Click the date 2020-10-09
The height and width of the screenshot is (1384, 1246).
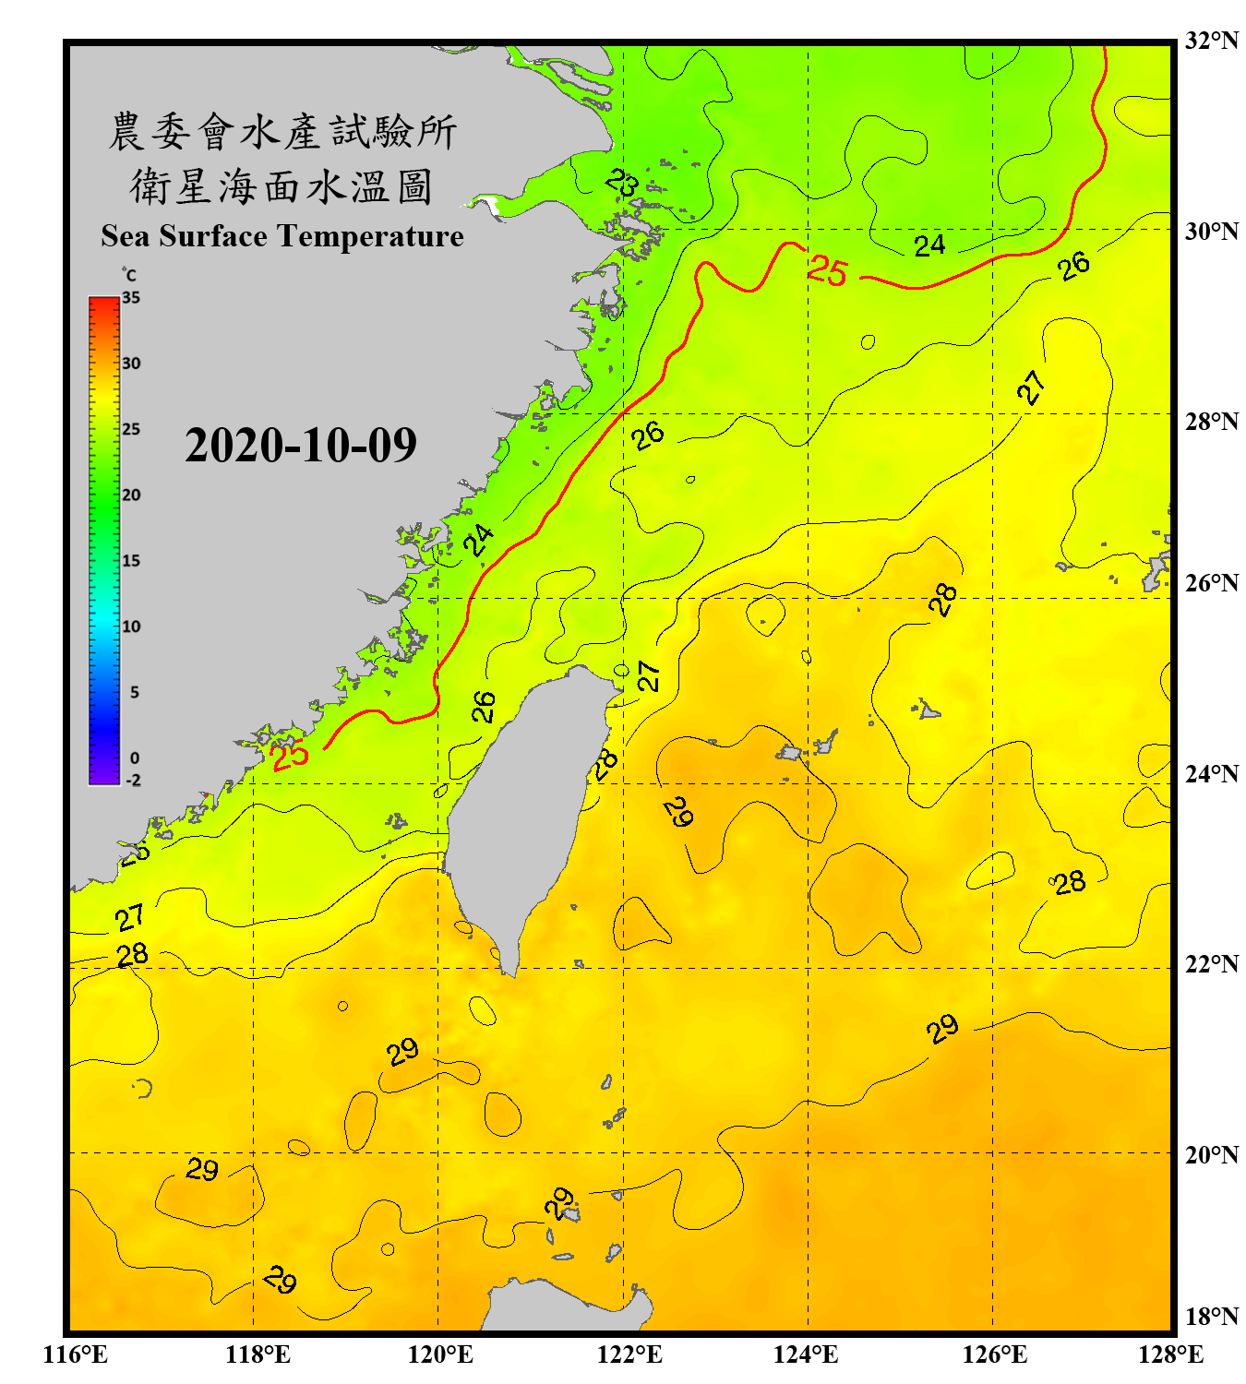point(301,445)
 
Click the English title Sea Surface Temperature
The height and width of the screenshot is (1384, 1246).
point(282,236)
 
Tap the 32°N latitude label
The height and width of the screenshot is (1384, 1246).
point(1211,41)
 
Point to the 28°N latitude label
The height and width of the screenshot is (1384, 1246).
point(1211,421)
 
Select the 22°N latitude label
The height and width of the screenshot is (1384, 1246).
point(1211,964)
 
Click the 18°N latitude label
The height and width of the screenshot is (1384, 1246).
point(1211,1317)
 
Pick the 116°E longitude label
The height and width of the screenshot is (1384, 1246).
point(76,1354)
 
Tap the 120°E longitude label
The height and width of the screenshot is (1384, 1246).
point(440,1354)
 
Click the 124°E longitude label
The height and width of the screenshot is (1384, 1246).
point(806,1354)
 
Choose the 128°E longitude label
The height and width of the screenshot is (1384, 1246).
point(1170,1354)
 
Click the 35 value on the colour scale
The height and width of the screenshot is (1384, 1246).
point(131,298)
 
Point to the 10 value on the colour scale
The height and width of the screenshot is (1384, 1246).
point(131,626)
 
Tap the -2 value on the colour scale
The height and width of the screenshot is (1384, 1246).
point(133,780)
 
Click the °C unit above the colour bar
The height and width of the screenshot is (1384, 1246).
point(129,275)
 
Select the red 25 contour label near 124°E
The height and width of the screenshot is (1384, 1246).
point(827,270)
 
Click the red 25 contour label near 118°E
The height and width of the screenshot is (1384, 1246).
point(290,755)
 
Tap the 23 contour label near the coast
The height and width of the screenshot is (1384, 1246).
point(622,183)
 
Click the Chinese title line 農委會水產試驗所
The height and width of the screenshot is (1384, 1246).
point(282,132)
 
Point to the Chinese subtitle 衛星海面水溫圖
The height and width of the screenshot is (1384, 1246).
point(282,186)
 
